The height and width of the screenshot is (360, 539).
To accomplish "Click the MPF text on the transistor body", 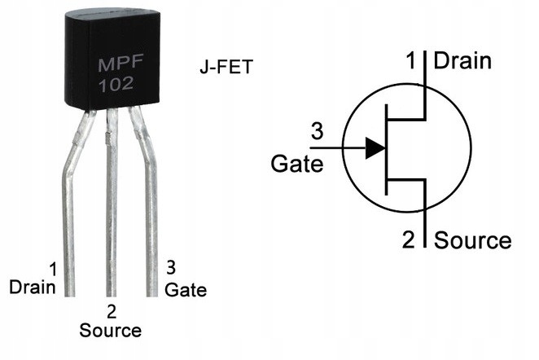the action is (x=121, y=64).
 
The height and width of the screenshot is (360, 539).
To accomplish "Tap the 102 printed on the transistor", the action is (x=116, y=85).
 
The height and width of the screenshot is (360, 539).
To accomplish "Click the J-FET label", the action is (x=226, y=67).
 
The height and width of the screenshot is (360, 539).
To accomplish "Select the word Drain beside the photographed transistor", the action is (x=33, y=288).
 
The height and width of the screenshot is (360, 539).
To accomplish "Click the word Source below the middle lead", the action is (x=111, y=330).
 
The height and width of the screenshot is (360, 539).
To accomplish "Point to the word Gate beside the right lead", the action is (x=186, y=289).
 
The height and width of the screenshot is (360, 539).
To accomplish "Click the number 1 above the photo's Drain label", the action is (x=53, y=270).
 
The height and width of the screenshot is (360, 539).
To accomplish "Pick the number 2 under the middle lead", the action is (x=112, y=312).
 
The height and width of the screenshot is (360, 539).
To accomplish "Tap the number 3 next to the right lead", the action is (x=171, y=267).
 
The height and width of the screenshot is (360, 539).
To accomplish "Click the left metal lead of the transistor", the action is (x=70, y=206).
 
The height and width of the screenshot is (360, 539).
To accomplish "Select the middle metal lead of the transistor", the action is (x=112, y=203).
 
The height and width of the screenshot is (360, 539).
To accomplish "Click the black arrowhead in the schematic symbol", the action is (x=375, y=148).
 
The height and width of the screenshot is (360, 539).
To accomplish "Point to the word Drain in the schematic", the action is (x=462, y=61).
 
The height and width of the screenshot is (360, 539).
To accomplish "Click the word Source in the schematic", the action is (x=473, y=240).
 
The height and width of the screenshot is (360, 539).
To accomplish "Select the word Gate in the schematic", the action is (x=297, y=164).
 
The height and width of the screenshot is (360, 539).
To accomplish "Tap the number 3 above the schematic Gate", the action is (x=317, y=131).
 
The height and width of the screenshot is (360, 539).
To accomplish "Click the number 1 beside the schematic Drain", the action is (x=411, y=60).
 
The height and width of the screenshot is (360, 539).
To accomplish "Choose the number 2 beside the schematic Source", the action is (x=409, y=239).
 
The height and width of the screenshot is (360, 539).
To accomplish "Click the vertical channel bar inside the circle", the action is (x=387, y=150).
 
